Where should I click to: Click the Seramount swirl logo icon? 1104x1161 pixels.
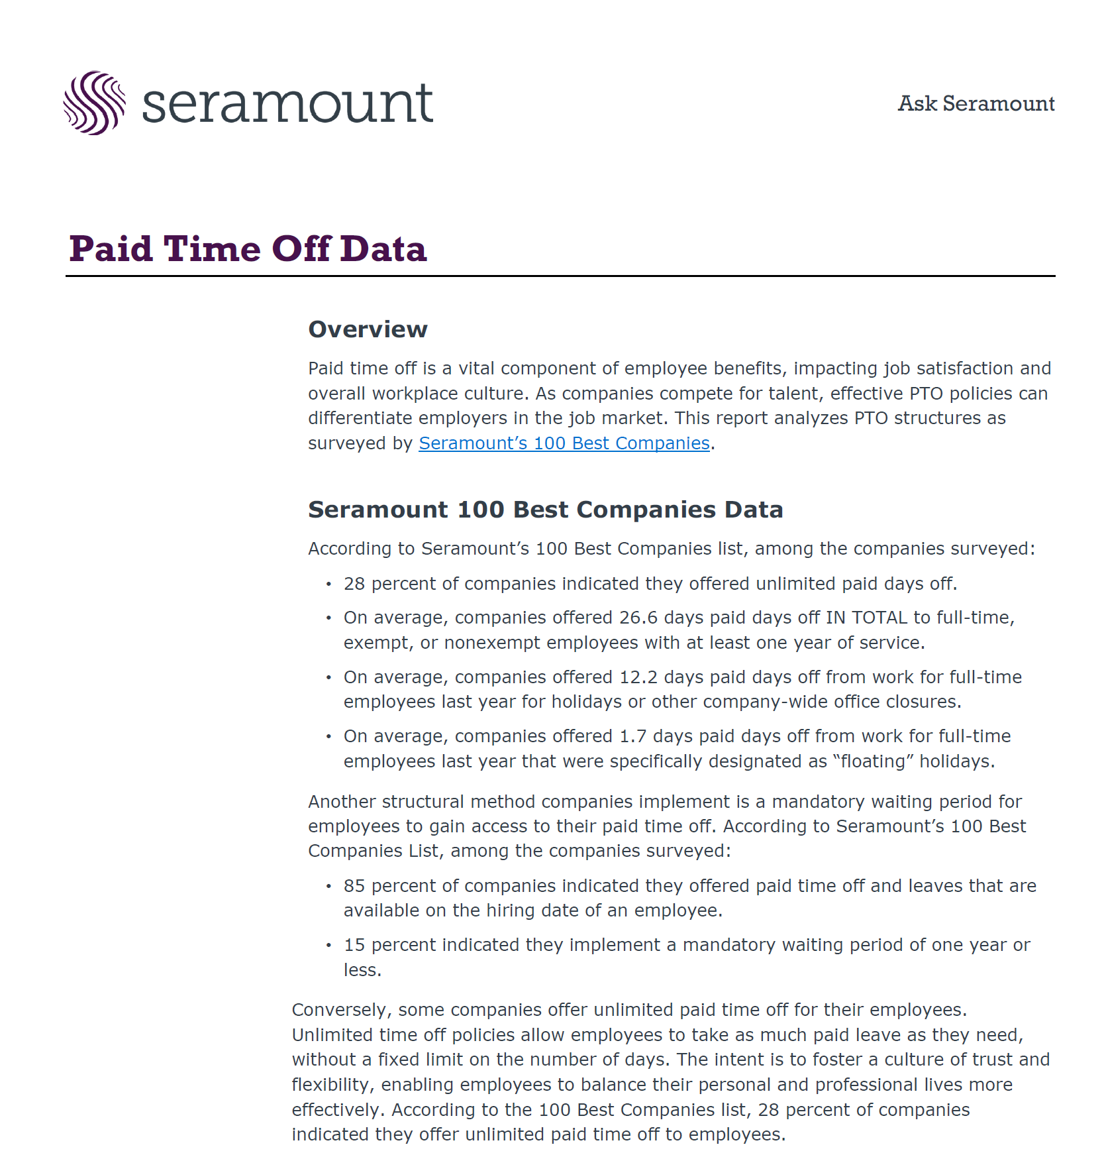94,103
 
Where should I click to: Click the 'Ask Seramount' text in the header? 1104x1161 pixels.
976,103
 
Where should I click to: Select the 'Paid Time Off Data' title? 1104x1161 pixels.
248,249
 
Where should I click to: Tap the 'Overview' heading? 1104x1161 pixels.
368,329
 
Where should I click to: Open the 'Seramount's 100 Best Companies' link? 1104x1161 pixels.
564,443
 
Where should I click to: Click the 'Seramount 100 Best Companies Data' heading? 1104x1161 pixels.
545,510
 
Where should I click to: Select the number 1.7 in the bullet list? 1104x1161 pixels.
632,736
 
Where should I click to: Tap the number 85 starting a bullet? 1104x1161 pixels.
354,886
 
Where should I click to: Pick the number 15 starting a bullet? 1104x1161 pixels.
354,945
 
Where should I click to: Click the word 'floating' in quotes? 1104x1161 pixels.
873,761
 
